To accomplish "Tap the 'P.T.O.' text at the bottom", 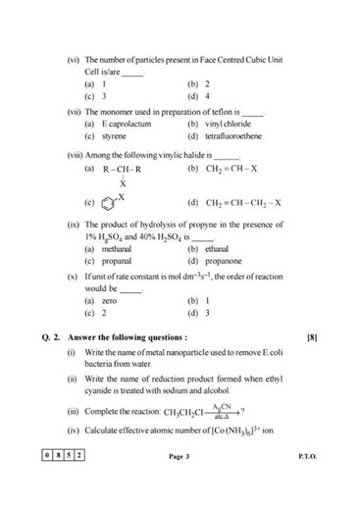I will point(306,484).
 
